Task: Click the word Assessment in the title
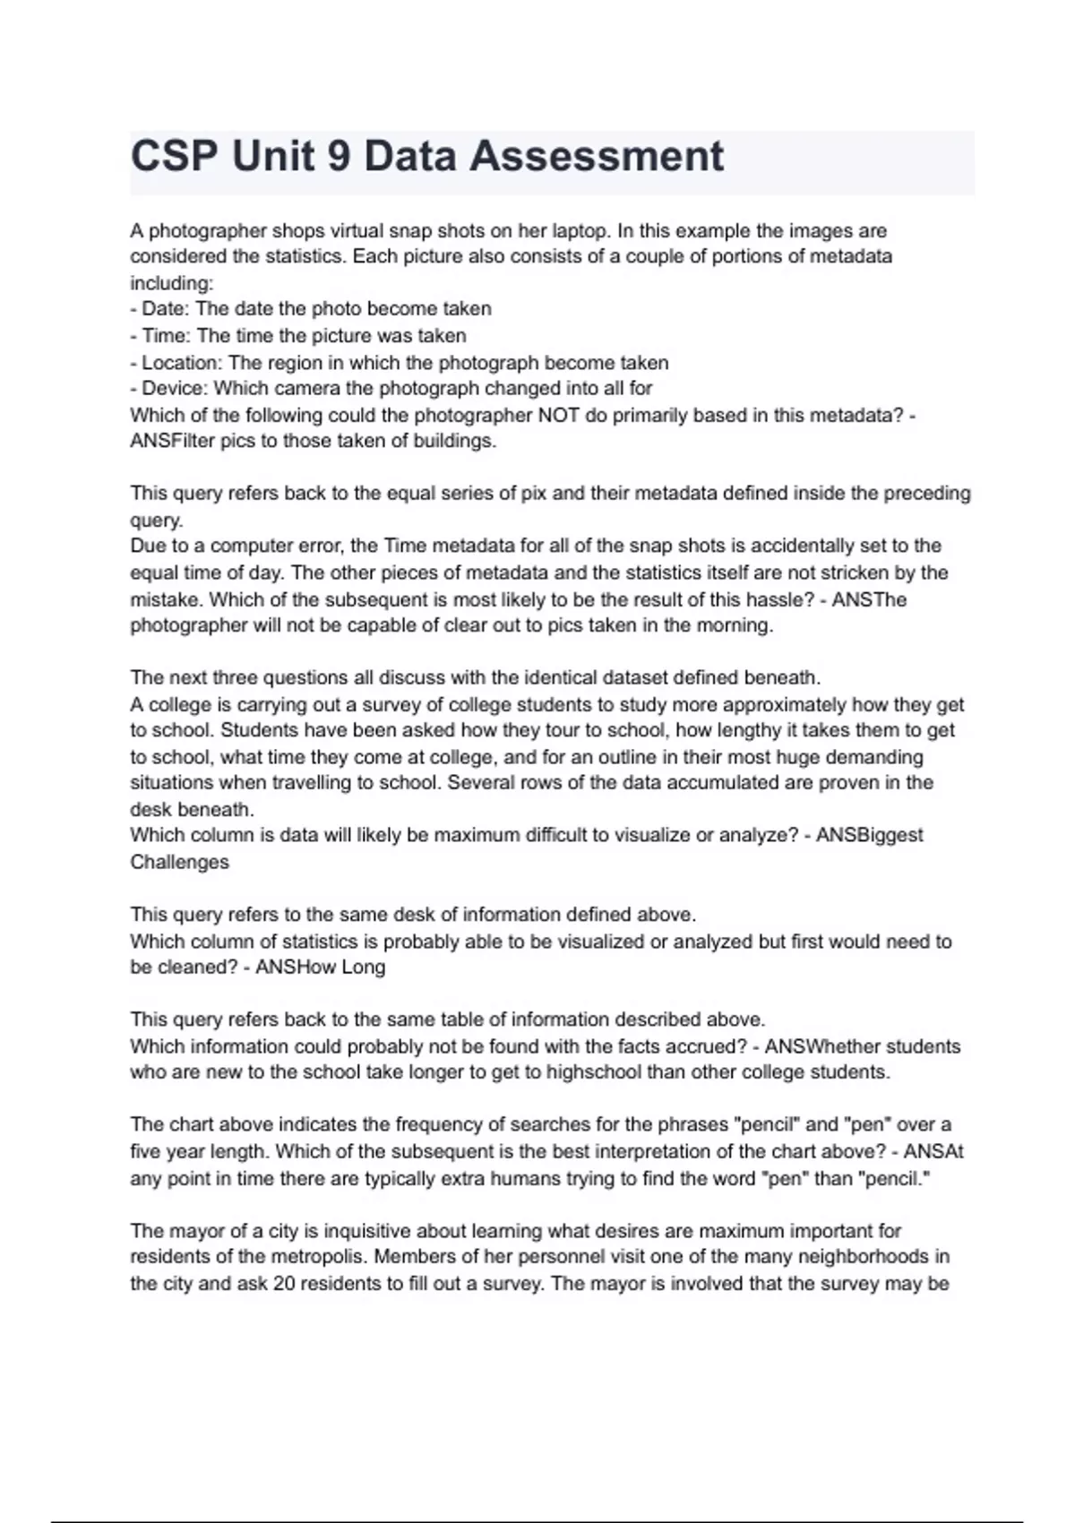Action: pyautogui.click(x=596, y=157)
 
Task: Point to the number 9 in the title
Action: pyautogui.click(x=339, y=157)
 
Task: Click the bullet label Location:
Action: pyautogui.click(x=182, y=363)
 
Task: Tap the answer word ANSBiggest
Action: pyautogui.click(x=869, y=835)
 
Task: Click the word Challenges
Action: pyautogui.click(x=179, y=862)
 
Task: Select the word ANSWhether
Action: pyautogui.click(x=862, y=1046)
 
